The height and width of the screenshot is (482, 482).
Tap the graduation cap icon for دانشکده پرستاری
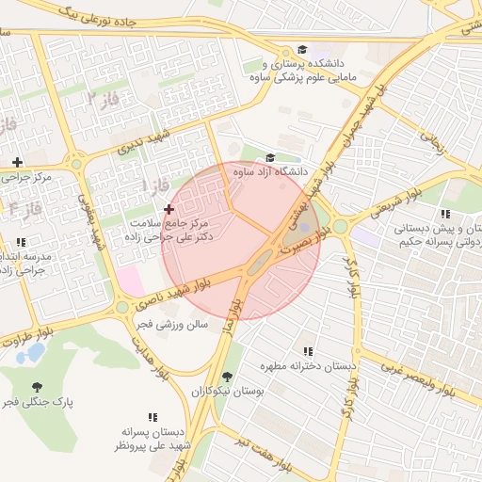(301, 50)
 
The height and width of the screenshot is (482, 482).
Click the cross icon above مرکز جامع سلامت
(169, 208)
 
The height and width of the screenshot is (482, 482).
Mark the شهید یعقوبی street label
(90, 221)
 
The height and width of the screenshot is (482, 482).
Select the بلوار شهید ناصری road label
(174, 293)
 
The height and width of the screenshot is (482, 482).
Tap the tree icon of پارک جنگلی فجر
(37, 387)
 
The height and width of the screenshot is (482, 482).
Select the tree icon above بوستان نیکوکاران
(226, 376)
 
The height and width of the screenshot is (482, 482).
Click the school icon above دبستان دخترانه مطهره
(308, 351)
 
